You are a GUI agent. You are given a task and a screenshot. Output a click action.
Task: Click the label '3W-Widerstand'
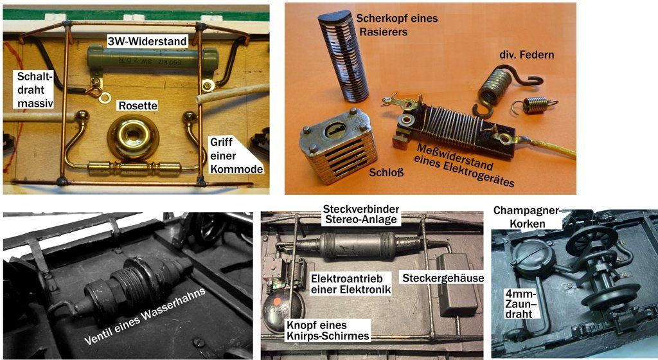click(147, 41)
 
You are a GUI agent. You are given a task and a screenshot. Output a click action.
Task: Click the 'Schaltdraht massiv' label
click(35, 89)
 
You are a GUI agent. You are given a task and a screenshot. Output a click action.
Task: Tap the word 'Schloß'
click(386, 172)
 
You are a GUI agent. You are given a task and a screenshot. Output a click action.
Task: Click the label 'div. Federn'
click(526, 55)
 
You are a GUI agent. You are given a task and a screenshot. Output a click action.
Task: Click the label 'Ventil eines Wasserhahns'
click(145, 316)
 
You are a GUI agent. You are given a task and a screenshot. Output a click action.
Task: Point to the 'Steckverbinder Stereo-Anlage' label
click(361, 214)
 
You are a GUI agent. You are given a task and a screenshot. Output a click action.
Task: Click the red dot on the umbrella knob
click(277, 301)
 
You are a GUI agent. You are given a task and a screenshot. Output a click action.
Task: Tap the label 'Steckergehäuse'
click(443, 278)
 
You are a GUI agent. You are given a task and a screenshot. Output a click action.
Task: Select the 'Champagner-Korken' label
click(527, 217)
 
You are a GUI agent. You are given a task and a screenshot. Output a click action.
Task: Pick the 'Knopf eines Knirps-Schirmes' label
click(328, 330)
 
